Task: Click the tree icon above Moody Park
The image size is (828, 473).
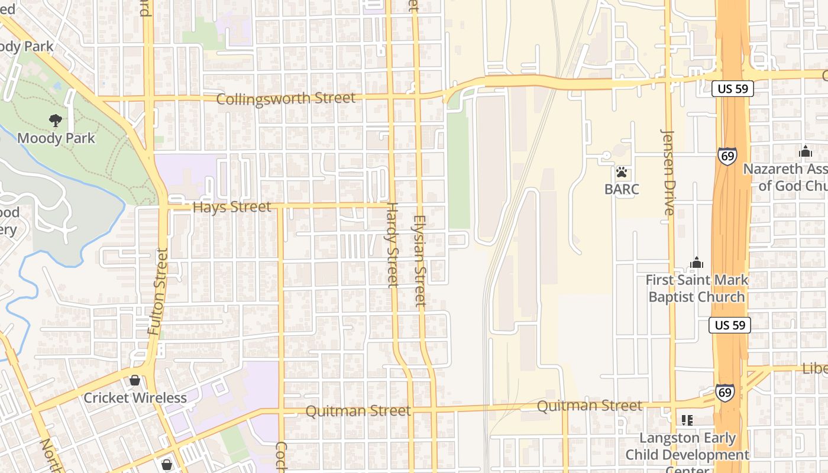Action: coord(56,121)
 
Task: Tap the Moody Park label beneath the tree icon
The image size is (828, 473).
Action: coord(56,138)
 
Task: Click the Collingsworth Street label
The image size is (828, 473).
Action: coord(286,98)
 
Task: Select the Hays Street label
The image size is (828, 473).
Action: coord(232,207)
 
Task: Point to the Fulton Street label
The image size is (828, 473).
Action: coord(159,291)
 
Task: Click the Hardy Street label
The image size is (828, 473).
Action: coord(392,245)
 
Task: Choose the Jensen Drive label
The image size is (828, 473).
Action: coord(669,173)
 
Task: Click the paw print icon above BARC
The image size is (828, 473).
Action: coord(622,173)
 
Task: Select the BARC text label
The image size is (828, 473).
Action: coord(622,189)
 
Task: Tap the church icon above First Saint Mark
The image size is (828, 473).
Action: coord(697,263)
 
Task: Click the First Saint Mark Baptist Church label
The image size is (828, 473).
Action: coord(697,288)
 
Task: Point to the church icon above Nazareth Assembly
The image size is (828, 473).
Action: coord(805,151)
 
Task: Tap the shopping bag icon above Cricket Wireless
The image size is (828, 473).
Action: coord(135,380)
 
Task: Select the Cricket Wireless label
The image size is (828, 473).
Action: coord(135,398)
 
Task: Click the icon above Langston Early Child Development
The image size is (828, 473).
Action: coord(687,420)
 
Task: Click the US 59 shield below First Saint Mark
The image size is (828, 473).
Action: coord(729,325)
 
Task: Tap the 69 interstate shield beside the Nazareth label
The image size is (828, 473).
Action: coord(727,155)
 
